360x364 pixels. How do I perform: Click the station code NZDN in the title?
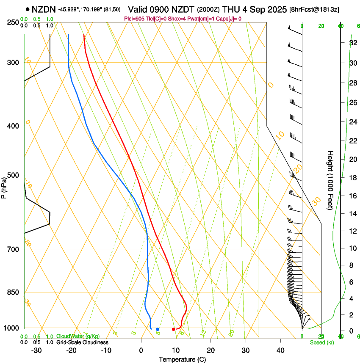(44, 9)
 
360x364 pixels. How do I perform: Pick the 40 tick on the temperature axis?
(280, 350)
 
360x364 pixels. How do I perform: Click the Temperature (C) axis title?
(182, 359)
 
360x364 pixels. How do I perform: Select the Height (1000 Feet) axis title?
(330, 180)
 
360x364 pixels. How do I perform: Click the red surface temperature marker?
(173, 329)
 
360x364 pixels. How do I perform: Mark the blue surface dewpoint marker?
(157, 329)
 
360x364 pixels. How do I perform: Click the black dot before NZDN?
(28, 9)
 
